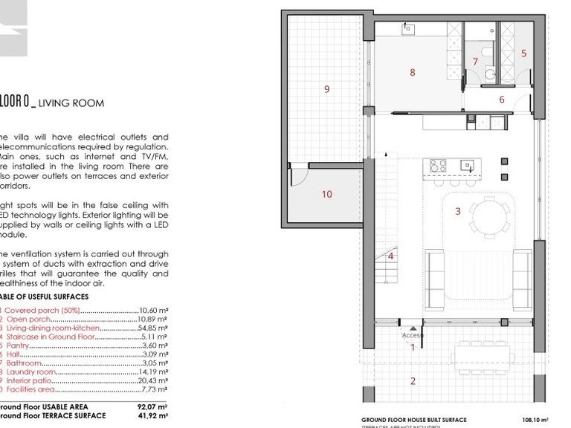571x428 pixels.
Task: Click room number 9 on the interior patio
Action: (326, 89)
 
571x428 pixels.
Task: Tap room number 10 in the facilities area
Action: (326, 195)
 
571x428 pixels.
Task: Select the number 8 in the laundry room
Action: (412, 72)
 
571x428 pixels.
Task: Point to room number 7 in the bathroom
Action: (475, 62)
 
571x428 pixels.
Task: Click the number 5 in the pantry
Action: (523, 53)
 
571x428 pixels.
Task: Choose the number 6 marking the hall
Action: (502, 100)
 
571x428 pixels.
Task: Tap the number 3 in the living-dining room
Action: (458, 211)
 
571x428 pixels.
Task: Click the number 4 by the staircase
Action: (391, 256)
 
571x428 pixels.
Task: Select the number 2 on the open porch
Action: (413, 381)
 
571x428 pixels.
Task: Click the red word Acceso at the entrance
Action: (413, 335)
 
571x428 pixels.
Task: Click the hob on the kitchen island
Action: (438, 166)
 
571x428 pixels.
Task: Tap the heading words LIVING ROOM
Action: (71, 104)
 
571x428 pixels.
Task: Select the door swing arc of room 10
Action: (298, 175)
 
